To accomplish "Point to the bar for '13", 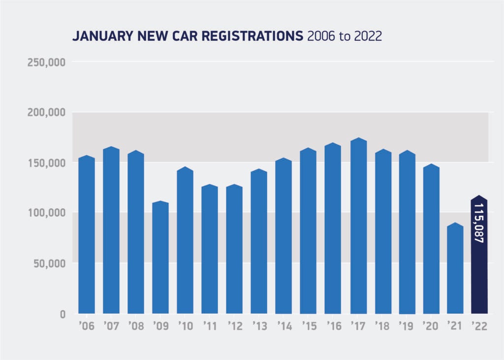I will point(259,241).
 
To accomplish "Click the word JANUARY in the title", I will point(97,36).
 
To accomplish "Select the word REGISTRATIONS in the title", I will point(253,36).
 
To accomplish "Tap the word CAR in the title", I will point(190,36).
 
